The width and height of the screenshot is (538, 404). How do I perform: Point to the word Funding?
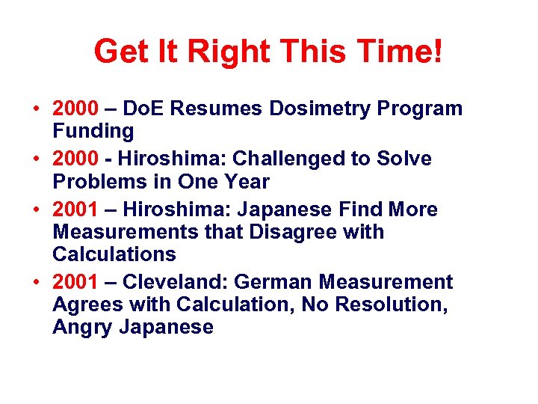[x=93, y=132]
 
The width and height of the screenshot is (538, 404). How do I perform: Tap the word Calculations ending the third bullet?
[x=114, y=254]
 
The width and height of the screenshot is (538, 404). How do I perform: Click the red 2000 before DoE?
[x=75, y=108]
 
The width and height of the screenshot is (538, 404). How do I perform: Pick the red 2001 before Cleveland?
[x=75, y=282]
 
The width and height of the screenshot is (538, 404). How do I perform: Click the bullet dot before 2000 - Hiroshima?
[x=37, y=159]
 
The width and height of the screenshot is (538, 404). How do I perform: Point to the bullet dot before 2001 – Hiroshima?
[x=37, y=209]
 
